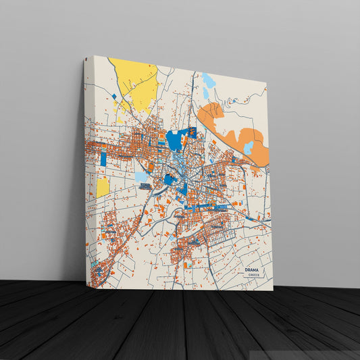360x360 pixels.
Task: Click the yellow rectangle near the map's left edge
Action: point(103,187)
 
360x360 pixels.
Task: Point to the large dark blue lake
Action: point(176,140)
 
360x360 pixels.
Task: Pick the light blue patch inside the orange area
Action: point(248,147)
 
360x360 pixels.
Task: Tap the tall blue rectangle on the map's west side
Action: point(103,159)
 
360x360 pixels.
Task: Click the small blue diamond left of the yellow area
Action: point(115,97)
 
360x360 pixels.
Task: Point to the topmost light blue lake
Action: point(208,80)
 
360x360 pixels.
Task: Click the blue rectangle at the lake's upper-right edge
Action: point(192,132)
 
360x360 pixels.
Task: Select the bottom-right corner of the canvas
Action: point(273,290)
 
